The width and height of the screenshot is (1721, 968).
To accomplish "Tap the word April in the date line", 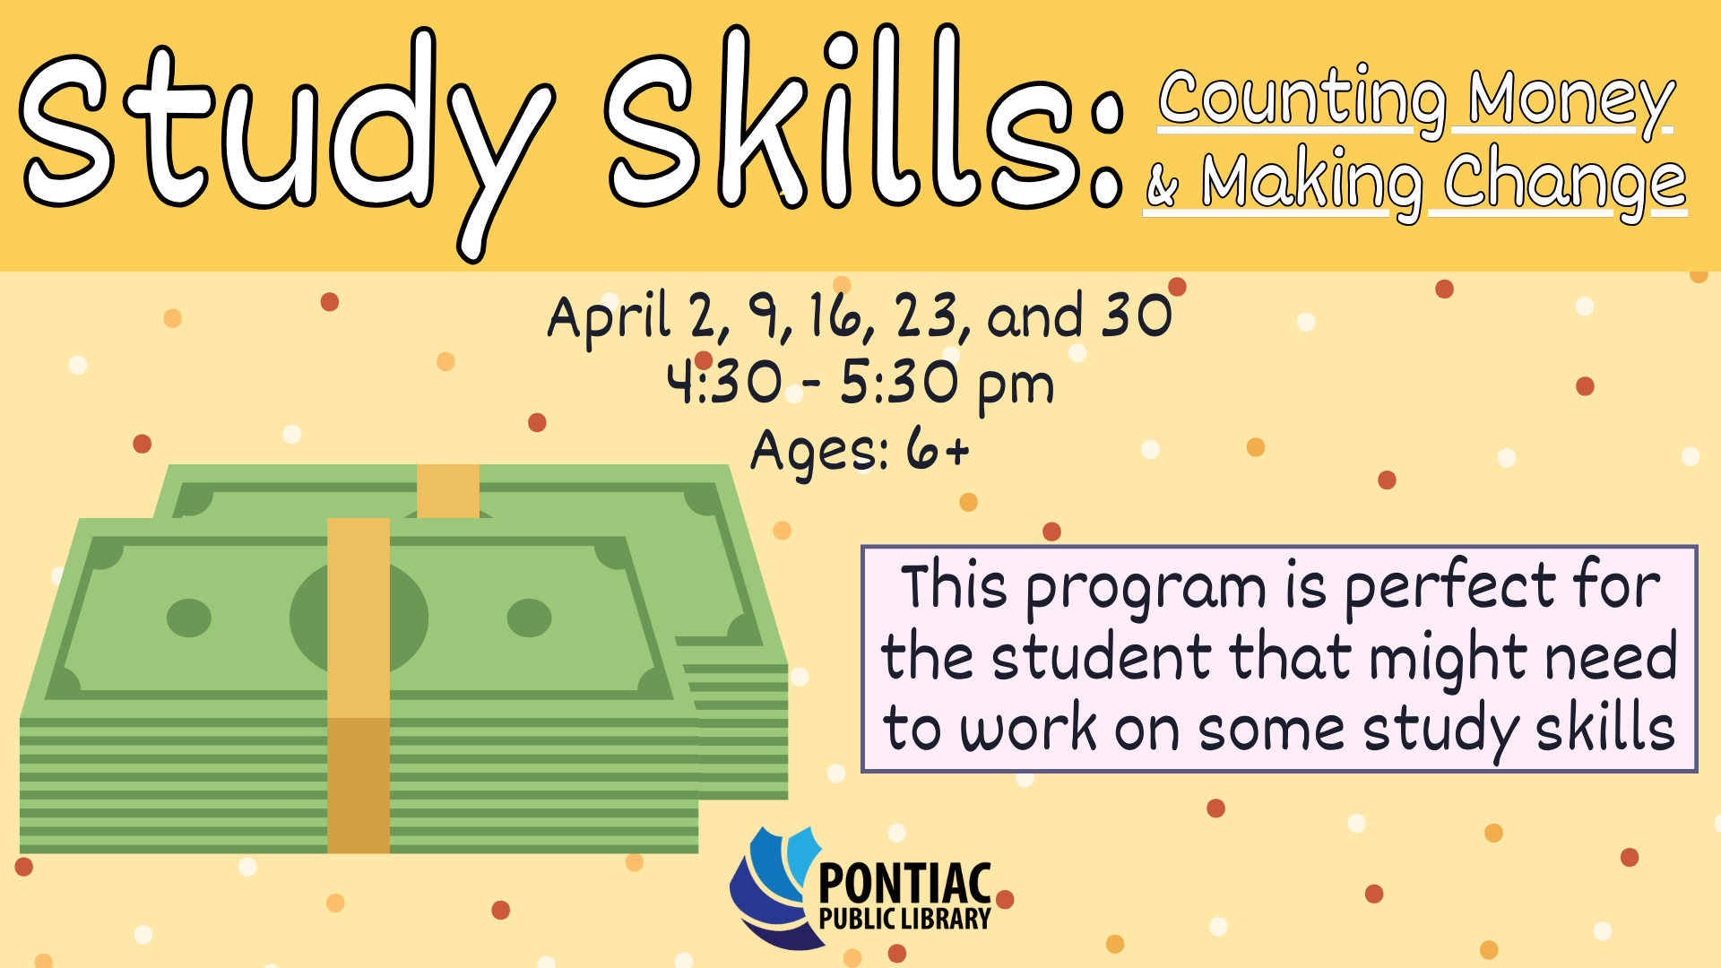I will [x=609, y=317].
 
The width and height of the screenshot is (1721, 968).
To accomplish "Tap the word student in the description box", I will [x=1102, y=659].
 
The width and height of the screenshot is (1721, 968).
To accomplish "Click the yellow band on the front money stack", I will [x=359, y=686].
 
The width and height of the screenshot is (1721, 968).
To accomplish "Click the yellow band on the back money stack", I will [x=448, y=490].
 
